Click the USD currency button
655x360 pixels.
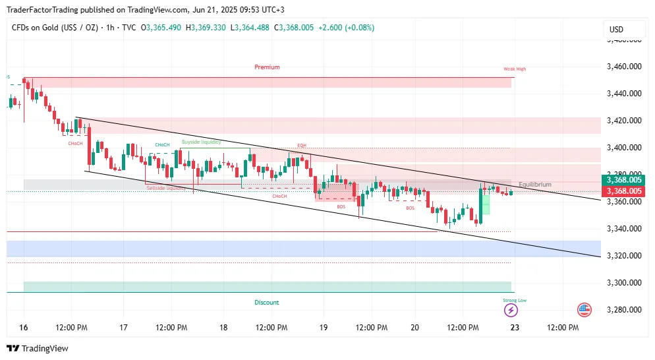[x=616, y=30]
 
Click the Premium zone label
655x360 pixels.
[x=267, y=67]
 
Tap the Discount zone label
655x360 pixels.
[x=267, y=303]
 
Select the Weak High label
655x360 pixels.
[x=515, y=69]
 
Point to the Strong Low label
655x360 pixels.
[x=515, y=300]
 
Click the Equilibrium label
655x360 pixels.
[x=535, y=185]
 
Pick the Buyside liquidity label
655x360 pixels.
[x=202, y=142]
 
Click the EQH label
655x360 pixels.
[x=302, y=145]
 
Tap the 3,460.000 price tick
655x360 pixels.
[x=624, y=67]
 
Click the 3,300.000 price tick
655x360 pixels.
[x=624, y=283]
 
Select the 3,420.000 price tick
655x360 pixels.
[x=624, y=121]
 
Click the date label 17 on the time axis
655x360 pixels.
[x=123, y=328]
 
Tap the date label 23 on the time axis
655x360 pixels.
[x=515, y=328]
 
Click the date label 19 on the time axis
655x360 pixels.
[x=323, y=328]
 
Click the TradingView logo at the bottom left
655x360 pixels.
[x=38, y=348]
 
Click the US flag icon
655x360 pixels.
[x=584, y=309]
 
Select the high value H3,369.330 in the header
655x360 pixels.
[x=206, y=28]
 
